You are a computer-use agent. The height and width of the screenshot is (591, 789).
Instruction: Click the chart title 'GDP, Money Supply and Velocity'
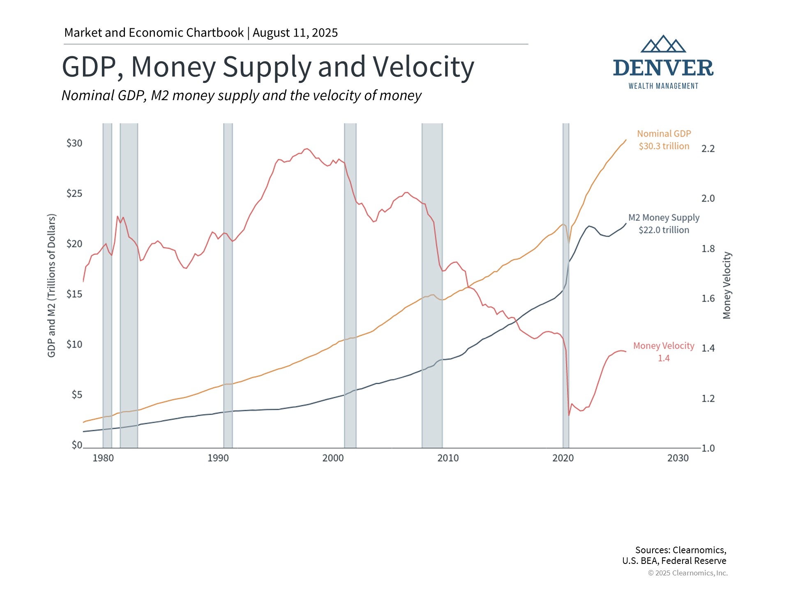point(268,67)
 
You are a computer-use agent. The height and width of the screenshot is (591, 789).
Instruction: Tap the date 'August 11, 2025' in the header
point(295,33)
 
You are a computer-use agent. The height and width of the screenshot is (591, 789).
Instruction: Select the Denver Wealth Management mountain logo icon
point(663,44)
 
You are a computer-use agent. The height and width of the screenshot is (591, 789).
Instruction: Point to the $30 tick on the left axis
point(74,143)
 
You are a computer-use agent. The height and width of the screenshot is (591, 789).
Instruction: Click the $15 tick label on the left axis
point(74,294)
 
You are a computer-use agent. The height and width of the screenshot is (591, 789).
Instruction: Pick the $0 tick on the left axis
point(77,445)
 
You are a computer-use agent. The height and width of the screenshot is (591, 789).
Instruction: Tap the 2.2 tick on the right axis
point(708,149)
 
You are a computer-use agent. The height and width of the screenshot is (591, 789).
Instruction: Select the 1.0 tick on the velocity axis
point(708,448)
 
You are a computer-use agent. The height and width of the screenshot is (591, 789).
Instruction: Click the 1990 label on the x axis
point(218,458)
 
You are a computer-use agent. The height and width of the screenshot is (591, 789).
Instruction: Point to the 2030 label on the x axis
point(678,458)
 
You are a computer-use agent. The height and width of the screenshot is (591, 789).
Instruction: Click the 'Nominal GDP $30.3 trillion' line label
point(664,140)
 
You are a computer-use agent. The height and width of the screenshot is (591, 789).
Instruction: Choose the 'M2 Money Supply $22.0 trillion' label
point(664,224)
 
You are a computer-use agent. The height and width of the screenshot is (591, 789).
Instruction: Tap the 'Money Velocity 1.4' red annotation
point(664,352)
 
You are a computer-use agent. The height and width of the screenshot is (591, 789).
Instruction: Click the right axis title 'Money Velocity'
point(727,285)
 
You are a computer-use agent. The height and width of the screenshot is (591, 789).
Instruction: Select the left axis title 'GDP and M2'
point(51,285)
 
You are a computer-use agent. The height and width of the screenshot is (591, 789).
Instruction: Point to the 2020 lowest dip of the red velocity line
point(569,415)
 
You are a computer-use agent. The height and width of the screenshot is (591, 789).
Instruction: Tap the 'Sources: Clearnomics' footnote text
point(680,550)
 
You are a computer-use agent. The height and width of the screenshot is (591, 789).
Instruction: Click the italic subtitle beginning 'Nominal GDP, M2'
point(241,96)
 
